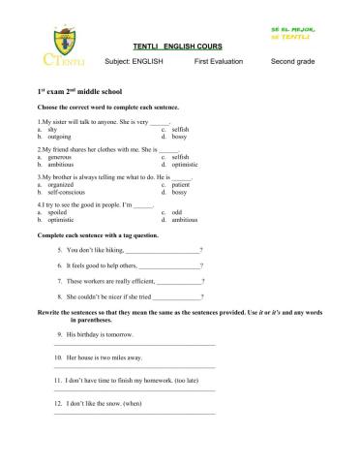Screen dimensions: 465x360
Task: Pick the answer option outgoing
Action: (57, 136)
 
